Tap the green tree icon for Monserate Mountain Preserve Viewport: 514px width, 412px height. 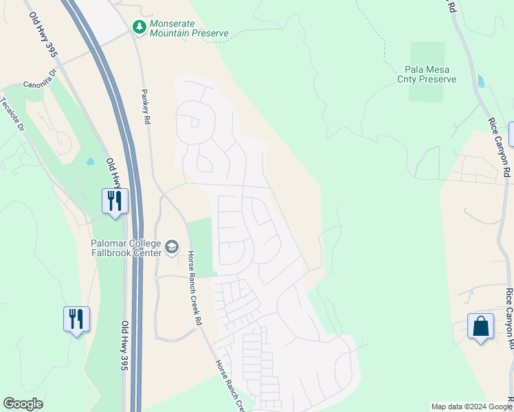tap(139, 27)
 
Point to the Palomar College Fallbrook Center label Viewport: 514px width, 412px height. tap(126, 248)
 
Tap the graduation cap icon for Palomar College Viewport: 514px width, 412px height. tap(172, 247)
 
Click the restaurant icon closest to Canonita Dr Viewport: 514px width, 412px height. tap(115, 201)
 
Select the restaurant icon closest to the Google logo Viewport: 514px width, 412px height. tap(76, 319)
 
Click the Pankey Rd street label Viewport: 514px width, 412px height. tap(146, 106)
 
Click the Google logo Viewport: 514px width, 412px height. tap(23, 404)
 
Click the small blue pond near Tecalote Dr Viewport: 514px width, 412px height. tap(90, 163)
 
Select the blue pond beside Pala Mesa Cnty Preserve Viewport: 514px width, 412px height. tap(480, 81)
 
